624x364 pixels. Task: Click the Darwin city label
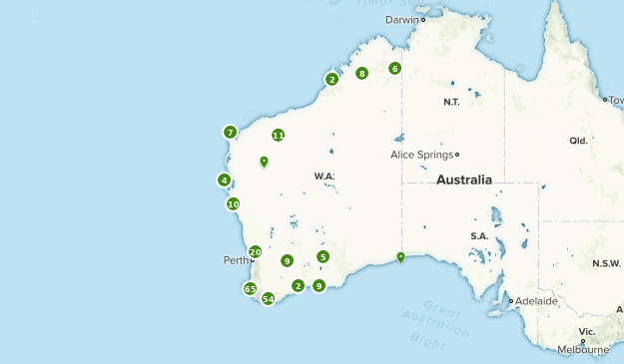402,19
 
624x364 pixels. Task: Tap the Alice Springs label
421,155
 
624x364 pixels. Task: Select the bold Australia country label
464,181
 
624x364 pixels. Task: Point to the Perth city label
235,260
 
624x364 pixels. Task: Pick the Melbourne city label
583,350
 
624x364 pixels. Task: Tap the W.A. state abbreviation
324,177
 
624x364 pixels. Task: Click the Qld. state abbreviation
578,141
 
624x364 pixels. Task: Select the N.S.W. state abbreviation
606,263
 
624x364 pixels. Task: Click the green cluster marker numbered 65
251,289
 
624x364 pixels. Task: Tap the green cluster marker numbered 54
268,298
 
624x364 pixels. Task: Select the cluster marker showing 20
256,252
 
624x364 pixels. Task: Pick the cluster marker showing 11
278,136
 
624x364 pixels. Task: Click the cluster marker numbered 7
230,132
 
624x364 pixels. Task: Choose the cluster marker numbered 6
394,68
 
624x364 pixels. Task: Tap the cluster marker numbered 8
361,73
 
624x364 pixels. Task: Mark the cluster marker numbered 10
233,203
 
